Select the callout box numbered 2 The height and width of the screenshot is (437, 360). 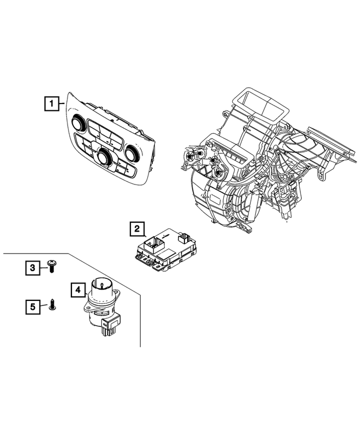pos(136,229)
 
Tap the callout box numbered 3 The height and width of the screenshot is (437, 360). pos(33,268)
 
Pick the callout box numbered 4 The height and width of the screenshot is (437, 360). pos(78,290)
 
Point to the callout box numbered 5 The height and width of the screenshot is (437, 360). pos(33,307)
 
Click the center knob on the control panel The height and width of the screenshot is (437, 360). pos(104,157)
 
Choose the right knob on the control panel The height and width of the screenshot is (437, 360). pos(133,152)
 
